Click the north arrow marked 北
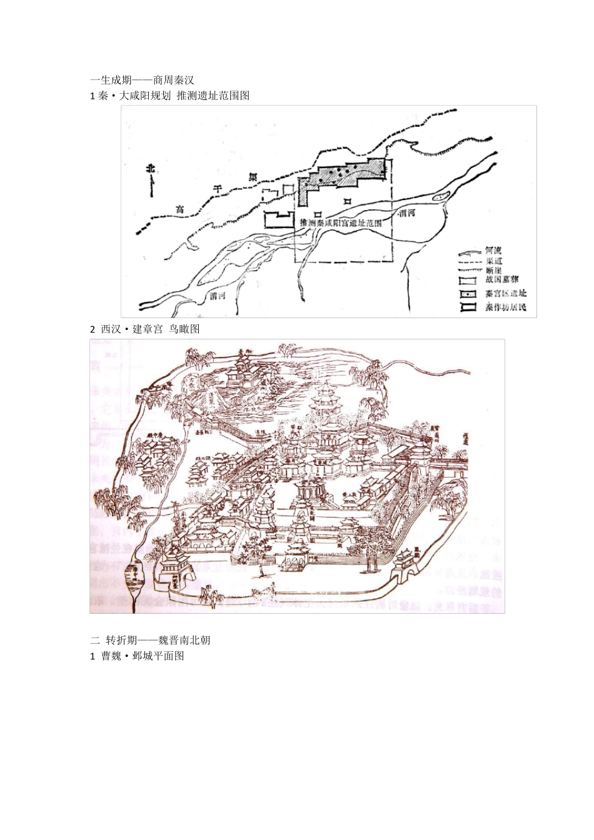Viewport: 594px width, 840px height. (150, 179)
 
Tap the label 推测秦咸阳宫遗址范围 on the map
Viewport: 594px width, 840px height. (341, 222)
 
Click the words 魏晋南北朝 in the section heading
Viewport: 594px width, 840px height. (188, 640)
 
